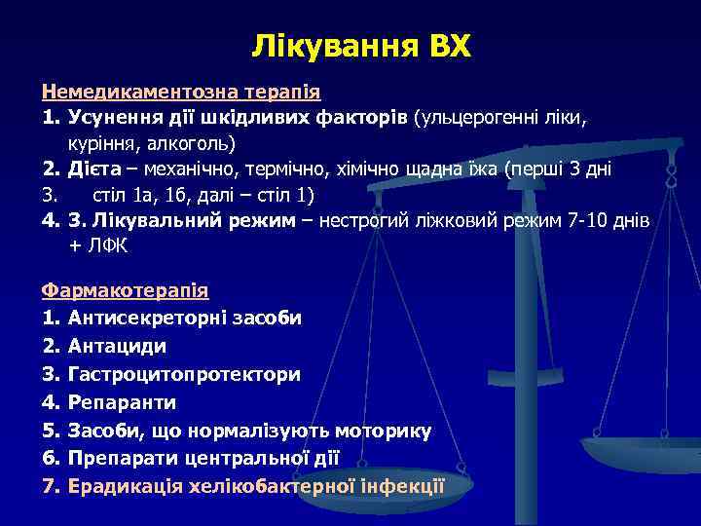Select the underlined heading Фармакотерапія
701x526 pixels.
pos(125,290)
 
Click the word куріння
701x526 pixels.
pos(102,143)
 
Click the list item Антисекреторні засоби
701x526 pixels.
pos(185,318)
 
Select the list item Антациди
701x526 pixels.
pos(118,346)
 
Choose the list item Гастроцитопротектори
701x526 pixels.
pos(185,374)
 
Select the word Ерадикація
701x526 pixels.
pos(125,486)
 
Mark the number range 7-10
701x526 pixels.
pos(572,220)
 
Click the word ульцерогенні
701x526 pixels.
pos(474,118)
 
